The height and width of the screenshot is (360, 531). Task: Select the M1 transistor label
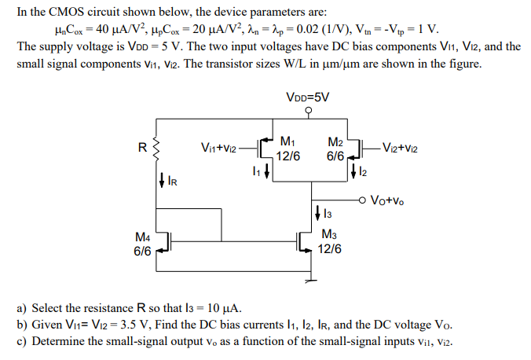point(287,142)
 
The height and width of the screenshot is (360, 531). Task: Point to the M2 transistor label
point(335,142)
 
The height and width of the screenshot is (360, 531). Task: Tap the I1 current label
point(255,172)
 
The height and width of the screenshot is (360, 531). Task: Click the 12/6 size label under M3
point(330,248)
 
